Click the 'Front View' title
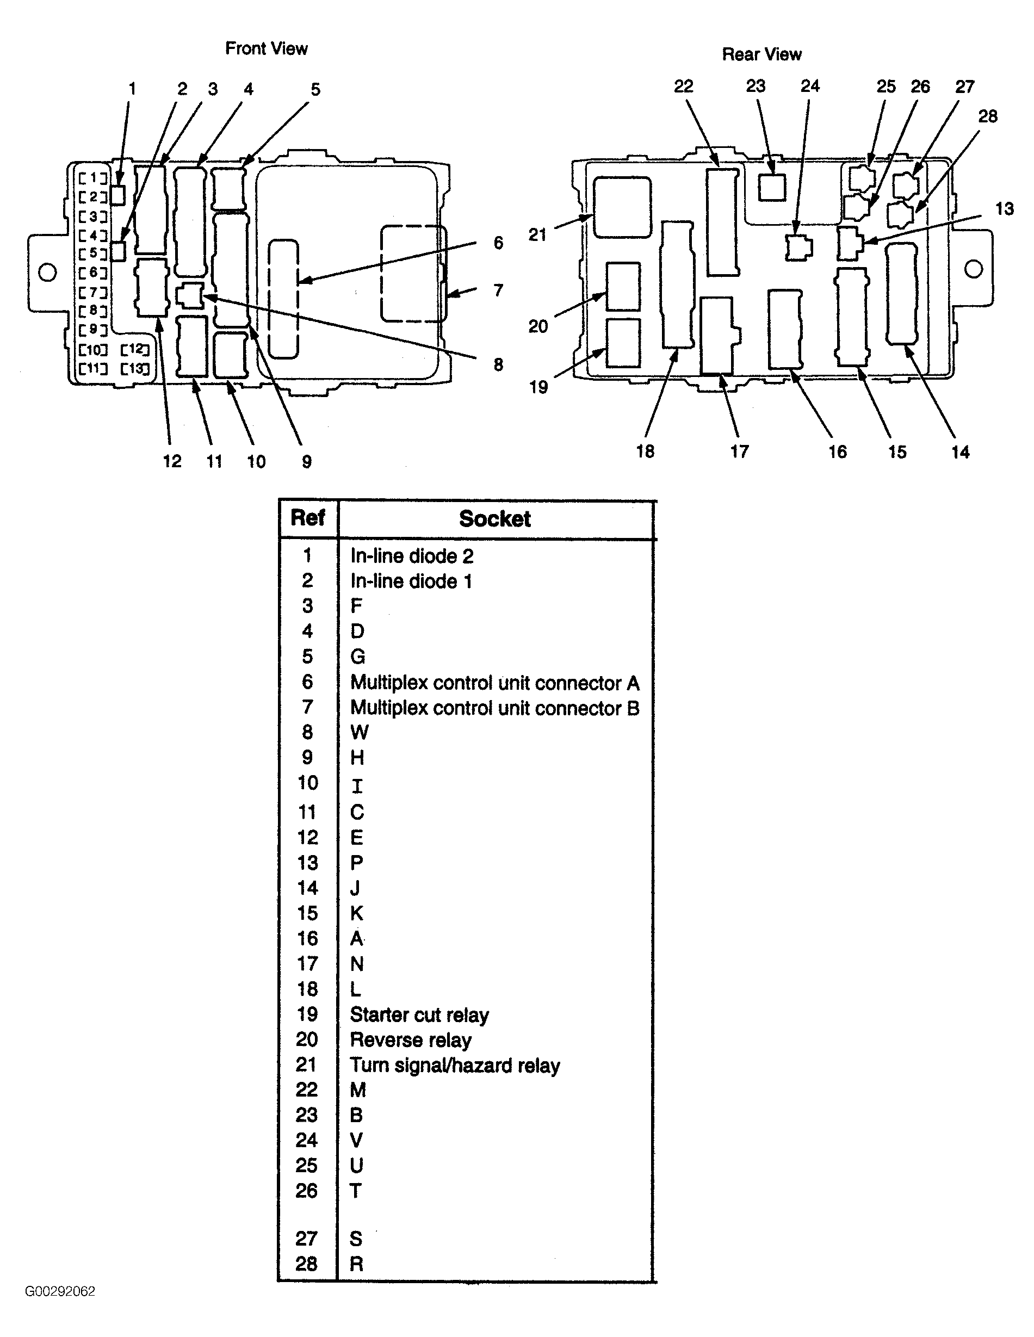tap(267, 48)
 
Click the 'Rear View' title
tap(761, 54)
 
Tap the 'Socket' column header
tap(494, 518)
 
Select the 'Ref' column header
tap(307, 518)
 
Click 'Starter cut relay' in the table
tap(419, 1015)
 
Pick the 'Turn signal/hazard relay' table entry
tap(455, 1066)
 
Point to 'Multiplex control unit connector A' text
tap(494, 683)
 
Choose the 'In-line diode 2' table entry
tap(411, 556)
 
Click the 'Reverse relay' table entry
tap(411, 1040)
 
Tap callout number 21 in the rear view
tap(537, 234)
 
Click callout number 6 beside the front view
tap(498, 243)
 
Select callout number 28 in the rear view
tap(987, 116)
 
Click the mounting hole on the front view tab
tap(47, 273)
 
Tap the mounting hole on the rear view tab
tap(974, 269)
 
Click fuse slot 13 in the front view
tap(135, 369)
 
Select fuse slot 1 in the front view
tap(93, 178)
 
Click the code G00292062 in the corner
tap(60, 1291)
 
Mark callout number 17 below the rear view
tap(739, 452)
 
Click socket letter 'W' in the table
tap(360, 733)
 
